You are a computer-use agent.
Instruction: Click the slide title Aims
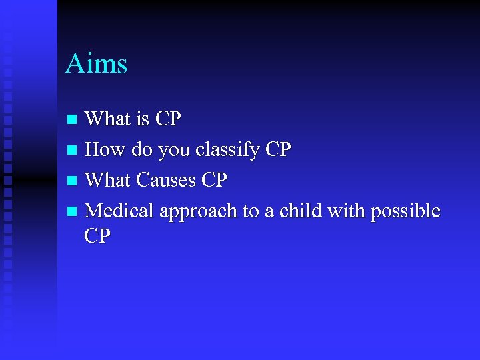(96, 64)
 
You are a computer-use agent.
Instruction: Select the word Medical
(119, 211)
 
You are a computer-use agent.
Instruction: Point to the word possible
(405, 211)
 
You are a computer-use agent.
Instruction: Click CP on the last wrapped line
(98, 236)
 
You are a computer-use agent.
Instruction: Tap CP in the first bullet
(168, 119)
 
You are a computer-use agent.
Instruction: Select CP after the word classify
(278, 149)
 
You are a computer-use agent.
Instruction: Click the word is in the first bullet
(142, 119)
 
